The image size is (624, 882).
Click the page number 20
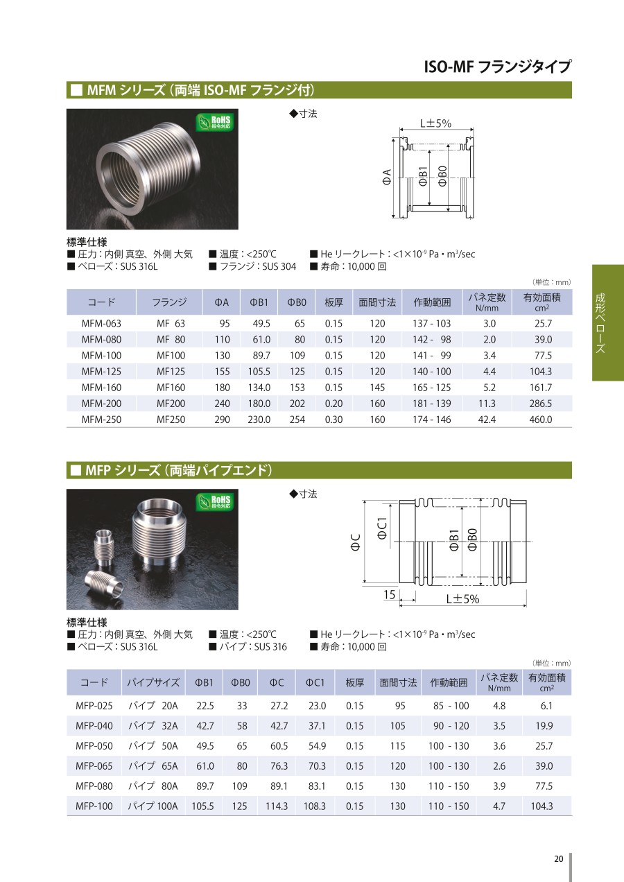coord(558,858)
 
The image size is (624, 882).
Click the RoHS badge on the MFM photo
coord(214,123)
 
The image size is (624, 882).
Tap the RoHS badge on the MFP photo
coord(214,503)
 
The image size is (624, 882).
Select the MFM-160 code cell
coord(101,388)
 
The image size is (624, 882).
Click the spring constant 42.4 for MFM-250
coord(487,420)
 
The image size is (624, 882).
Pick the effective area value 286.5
coord(541,404)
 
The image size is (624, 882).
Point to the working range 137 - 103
coord(431,324)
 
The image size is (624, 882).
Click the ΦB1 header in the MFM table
coord(259,302)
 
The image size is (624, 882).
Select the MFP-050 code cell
coord(94,746)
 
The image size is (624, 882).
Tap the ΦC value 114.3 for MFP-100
coord(277,806)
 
